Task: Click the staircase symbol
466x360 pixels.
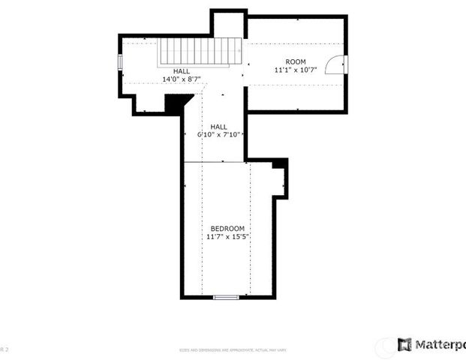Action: coord(200,53)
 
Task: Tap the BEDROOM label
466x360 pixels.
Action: coord(227,229)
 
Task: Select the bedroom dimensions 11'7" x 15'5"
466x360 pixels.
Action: coord(227,237)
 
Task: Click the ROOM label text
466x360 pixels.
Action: coord(295,61)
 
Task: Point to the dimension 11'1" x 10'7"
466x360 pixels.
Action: coord(295,70)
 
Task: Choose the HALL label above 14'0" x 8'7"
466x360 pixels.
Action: coord(182,70)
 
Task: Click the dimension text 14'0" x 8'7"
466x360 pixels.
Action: coord(182,79)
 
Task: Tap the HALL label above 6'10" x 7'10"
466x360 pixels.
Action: coord(218,127)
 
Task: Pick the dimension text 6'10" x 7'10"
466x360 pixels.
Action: coord(218,135)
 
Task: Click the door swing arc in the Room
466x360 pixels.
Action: coord(338,65)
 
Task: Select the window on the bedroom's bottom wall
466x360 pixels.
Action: coord(226,298)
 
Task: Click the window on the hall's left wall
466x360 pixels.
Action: coord(119,61)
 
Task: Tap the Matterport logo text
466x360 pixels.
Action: coord(440,344)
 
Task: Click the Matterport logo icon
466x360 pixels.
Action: coord(404,344)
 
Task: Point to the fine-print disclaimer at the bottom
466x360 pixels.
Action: coord(233,350)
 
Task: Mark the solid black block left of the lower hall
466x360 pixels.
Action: coord(174,103)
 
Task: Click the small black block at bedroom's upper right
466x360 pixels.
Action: coord(279,163)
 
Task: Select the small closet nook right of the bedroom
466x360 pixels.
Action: coord(280,180)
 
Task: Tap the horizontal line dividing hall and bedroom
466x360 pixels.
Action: coord(214,161)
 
